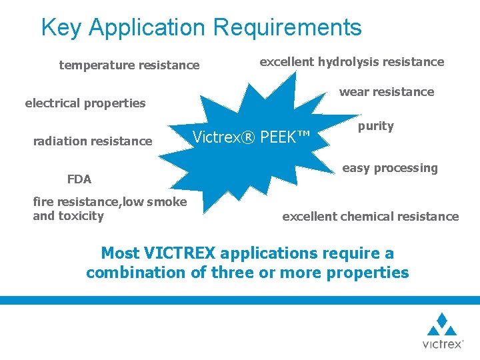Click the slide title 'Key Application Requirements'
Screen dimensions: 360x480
click(201, 27)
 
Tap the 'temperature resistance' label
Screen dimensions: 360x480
click(129, 65)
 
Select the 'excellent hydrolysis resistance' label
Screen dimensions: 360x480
click(351, 62)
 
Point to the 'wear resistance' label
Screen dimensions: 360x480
click(387, 92)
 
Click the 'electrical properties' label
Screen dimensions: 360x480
click(85, 103)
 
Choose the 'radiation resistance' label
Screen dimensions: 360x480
click(93, 141)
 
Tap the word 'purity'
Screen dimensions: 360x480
click(376, 126)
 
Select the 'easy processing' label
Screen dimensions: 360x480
click(390, 168)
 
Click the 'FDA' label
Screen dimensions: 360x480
click(79, 179)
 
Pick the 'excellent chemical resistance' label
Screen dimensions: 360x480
click(371, 216)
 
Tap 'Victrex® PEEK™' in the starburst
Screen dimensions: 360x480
click(251, 138)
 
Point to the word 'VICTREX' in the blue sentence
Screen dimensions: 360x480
click(178, 253)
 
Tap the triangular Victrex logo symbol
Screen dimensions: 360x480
click(442, 324)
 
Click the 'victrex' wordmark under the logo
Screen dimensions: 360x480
click(442, 344)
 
